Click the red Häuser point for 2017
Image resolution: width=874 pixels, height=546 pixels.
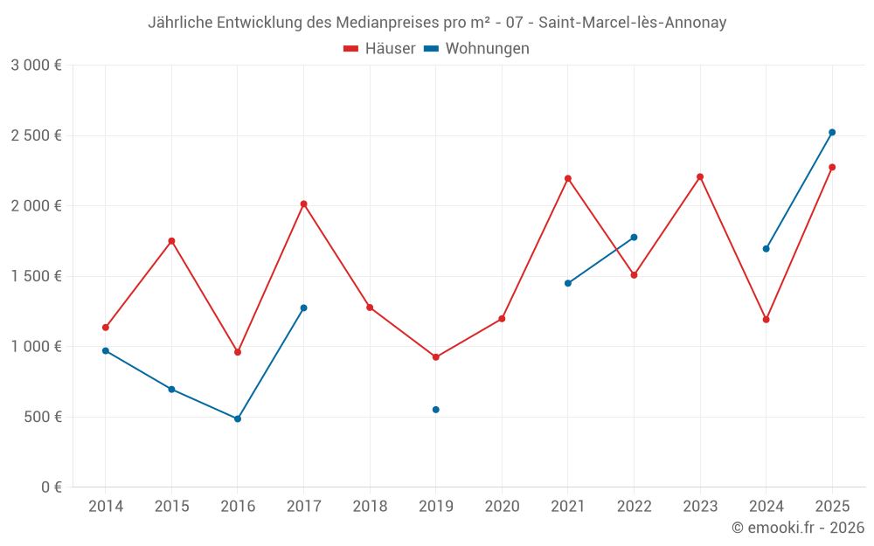click(303, 204)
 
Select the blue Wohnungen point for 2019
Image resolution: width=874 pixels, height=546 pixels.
click(435, 410)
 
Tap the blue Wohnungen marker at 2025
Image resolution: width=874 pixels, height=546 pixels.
click(832, 133)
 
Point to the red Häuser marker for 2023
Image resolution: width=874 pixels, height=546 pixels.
click(700, 177)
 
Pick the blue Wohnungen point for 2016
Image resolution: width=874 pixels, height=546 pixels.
click(238, 419)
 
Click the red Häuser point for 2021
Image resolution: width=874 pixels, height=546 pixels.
click(568, 178)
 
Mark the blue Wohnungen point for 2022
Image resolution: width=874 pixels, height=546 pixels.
click(634, 238)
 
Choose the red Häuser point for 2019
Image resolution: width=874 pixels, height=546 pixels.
click(435, 357)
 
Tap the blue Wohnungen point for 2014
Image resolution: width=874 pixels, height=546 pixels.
click(106, 351)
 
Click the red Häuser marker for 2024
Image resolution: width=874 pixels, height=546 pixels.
click(766, 320)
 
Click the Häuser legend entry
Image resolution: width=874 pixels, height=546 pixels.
click(379, 49)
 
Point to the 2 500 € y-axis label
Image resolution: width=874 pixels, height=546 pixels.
click(36, 135)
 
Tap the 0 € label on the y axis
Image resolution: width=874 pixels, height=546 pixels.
click(52, 487)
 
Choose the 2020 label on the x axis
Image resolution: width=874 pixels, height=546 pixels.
click(502, 506)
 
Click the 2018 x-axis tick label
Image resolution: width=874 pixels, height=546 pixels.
click(370, 506)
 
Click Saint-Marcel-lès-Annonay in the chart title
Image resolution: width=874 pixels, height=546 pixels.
click(629, 23)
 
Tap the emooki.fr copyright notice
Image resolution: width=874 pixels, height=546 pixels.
click(798, 528)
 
